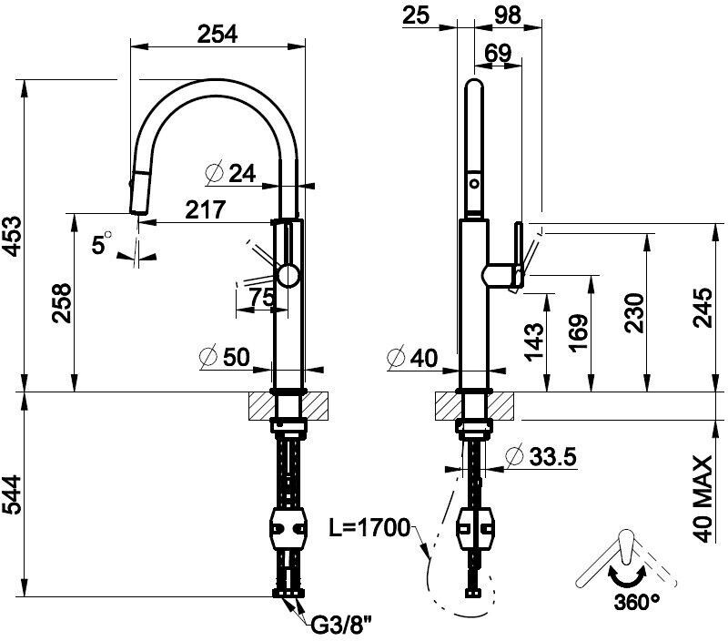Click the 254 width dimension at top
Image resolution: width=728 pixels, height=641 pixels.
pos(217,34)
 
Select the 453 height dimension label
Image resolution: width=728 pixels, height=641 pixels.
pos(13,236)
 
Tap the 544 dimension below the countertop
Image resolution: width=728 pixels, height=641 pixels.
pos(13,494)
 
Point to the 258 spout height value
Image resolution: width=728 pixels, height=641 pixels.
pos(62,303)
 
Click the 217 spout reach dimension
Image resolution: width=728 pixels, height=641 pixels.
pos(206,209)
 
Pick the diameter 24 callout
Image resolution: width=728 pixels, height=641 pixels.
pos(230,174)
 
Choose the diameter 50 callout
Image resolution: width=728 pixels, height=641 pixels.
pos(225,357)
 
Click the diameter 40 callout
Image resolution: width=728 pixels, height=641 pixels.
pos(412,358)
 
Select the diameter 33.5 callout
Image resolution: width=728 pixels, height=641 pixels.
pos(541,456)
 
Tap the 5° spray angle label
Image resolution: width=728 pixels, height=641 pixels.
pos(102,243)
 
